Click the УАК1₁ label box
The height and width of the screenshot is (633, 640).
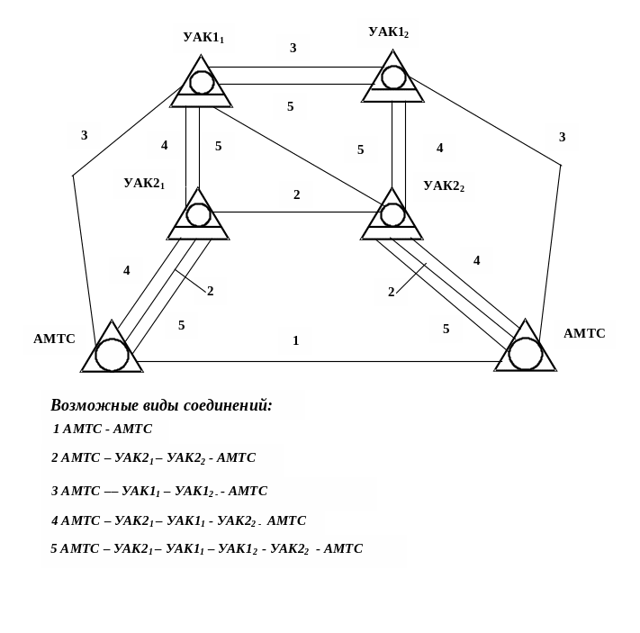tap(203, 38)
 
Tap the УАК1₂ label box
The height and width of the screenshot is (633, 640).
tap(388, 32)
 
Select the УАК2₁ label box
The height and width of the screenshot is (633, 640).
tap(144, 184)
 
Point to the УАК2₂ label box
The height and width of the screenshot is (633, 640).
tap(444, 186)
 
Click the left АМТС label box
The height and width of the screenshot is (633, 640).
tap(54, 339)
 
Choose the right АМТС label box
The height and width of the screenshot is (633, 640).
tap(584, 334)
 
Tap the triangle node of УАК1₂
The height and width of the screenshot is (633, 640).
tap(393, 78)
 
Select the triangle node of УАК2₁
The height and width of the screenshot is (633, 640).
tap(198, 216)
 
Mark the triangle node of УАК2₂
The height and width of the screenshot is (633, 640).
tap(392, 216)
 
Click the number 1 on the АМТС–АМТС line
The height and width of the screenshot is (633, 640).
tap(295, 340)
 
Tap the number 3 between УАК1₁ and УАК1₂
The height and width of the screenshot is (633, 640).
tap(293, 48)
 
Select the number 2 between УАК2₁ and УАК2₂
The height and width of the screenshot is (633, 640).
tap(296, 194)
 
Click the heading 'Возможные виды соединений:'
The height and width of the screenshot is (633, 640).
tap(162, 405)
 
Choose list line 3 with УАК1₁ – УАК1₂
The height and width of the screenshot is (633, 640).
tap(159, 492)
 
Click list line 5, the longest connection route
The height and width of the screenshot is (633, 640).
tap(207, 549)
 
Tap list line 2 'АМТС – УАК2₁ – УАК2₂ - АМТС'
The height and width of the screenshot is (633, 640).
tap(154, 458)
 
